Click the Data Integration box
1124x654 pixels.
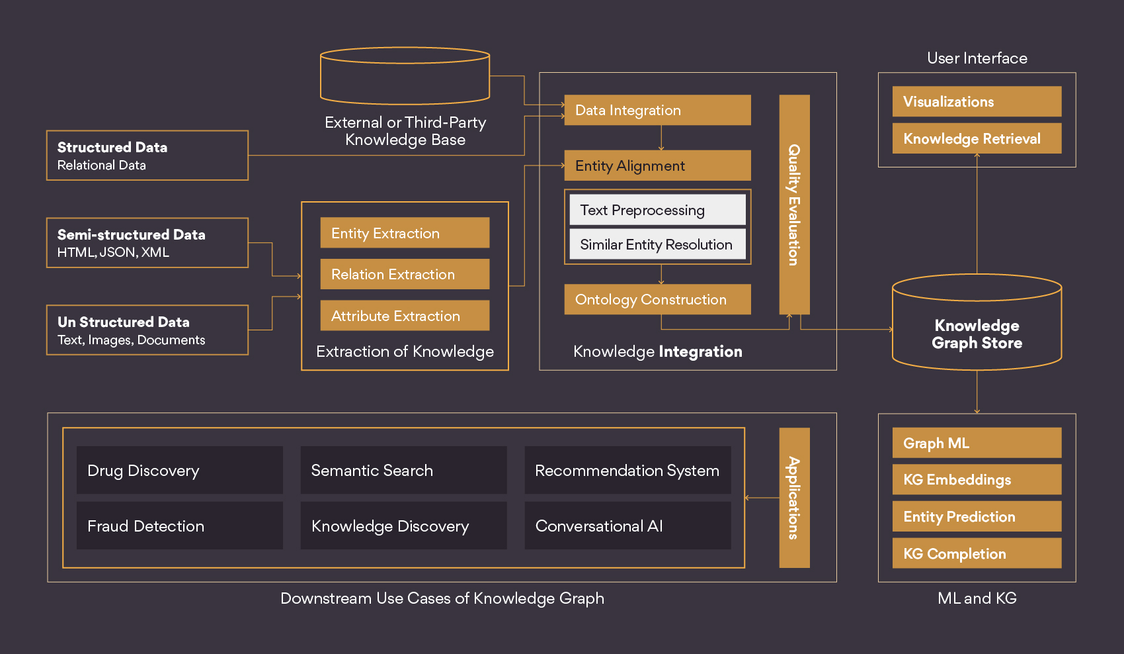click(657, 110)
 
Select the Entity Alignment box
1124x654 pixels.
click(657, 165)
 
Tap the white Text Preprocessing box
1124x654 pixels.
click(657, 210)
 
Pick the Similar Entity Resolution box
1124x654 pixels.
click(657, 244)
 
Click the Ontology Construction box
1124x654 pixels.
click(657, 299)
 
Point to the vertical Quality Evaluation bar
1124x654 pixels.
click(794, 205)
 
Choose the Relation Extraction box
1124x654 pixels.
click(405, 274)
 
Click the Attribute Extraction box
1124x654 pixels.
click(405, 316)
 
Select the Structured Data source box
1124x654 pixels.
click(147, 155)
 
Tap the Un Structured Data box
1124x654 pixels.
click(147, 330)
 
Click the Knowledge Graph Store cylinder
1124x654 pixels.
click(977, 322)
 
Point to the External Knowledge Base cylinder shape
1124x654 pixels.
click(405, 76)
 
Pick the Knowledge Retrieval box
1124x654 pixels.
click(977, 138)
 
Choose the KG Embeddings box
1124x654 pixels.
click(977, 479)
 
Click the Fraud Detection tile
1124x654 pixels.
click(180, 526)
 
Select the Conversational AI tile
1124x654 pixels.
click(627, 526)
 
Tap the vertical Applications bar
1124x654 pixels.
click(794, 498)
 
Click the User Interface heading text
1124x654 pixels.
click(977, 58)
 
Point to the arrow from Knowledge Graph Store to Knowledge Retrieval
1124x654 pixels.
click(977, 214)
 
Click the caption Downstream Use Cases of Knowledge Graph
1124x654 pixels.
click(442, 598)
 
